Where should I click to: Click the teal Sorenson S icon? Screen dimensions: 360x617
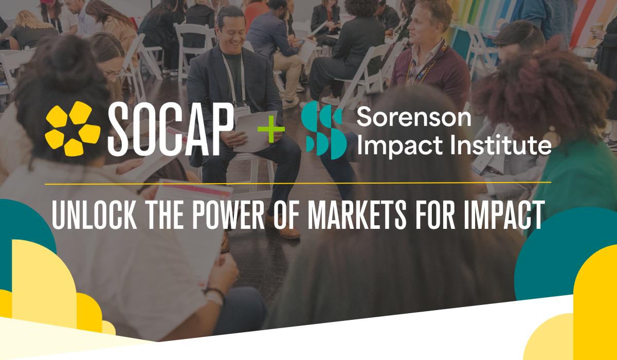[x=323, y=130]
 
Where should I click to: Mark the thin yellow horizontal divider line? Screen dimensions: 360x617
[x=298, y=183]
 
